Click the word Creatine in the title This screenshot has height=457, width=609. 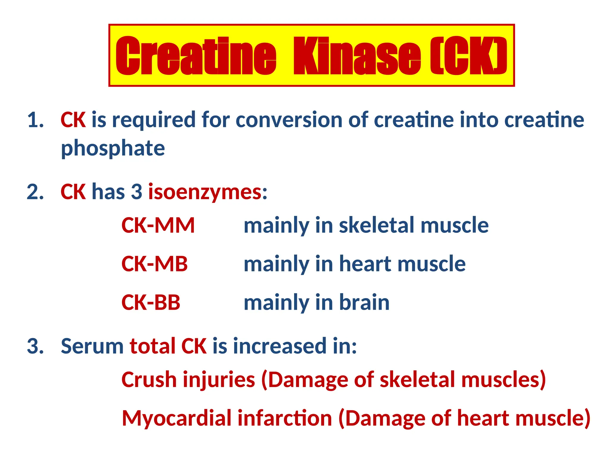pyautogui.click(x=196, y=56)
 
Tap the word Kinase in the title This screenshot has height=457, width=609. pyautogui.click(x=357, y=56)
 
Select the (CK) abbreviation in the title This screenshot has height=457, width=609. pyautogui.click(x=469, y=56)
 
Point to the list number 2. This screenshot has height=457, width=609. pyautogui.click(x=35, y=192)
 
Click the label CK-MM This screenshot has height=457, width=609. pyautogui.click(x=158, y=226)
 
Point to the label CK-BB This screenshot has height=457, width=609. pyautogui.click(x=151, y=303)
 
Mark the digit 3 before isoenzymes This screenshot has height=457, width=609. pyautogui.click(x=137, y=192)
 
